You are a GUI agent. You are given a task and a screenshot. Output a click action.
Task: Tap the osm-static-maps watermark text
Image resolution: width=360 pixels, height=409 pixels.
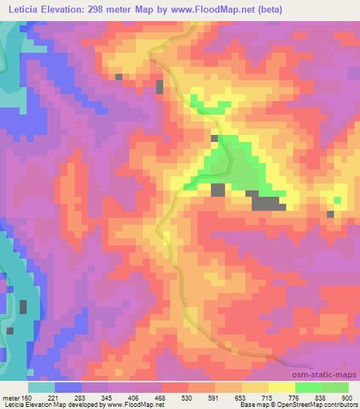coord(325,375)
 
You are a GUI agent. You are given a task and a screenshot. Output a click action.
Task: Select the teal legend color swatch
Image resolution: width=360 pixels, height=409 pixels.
coord(41,387)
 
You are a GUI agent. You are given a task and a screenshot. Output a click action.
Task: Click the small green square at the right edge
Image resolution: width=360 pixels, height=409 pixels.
coord(337,200)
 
